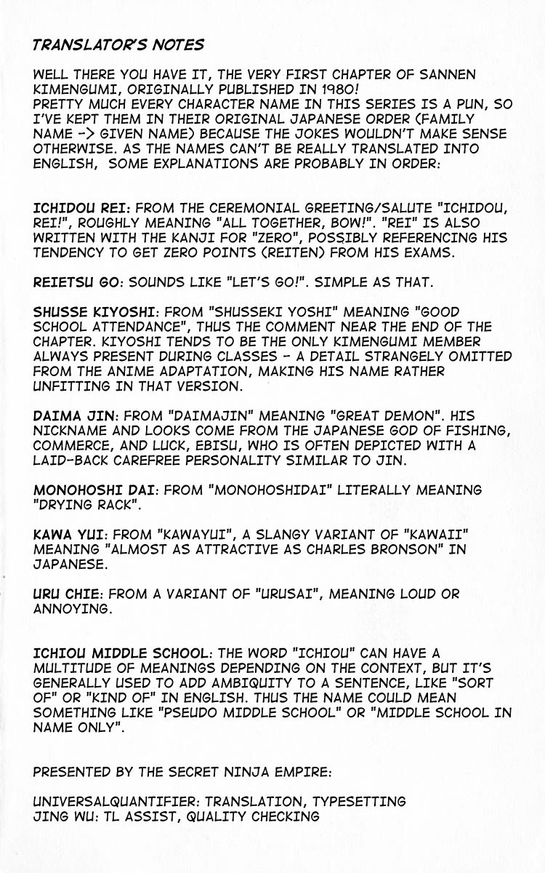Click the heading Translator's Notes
pos(118,45)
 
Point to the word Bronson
pos(397,549)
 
